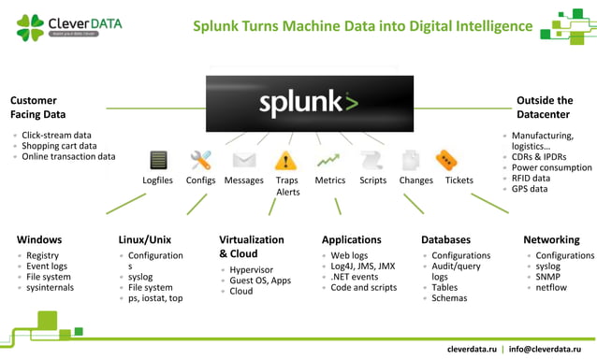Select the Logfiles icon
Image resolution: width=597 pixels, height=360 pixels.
pos(158,160)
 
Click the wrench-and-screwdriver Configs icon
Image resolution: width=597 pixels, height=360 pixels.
pos(200,160)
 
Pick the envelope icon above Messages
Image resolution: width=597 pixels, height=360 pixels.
pos(243,160)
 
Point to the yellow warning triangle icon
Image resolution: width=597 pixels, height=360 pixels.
pos(285,161)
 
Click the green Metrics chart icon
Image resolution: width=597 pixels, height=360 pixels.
pos(329,160)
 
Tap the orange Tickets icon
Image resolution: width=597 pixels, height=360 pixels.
pos(447,160)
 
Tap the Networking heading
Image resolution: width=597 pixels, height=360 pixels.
pos(551,239)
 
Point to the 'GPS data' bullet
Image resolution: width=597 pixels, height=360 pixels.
pos(532,190)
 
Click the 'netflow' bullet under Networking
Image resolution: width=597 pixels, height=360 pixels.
pos(553,288)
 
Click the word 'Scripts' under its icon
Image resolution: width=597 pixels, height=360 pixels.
pos(372,180)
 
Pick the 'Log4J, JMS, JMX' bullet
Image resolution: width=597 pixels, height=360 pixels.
pos(363,266)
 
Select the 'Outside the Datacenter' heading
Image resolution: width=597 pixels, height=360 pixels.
pos(545,107)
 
